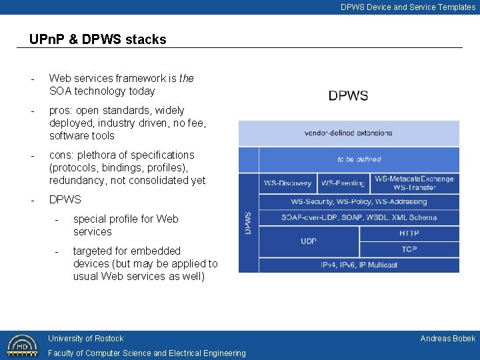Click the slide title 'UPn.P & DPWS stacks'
(x=97, y=39)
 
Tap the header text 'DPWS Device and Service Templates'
(x=408, y=7)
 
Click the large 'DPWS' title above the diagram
(x=348, y=95)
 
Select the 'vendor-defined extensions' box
(x=349, y=133)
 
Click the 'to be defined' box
(x=359, y=159)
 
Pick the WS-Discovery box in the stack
(x=287, y=183)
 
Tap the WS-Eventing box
(x=343, y=183)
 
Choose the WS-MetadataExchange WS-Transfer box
(x=414, y=183)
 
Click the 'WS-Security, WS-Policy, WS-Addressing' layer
(x=359, y=201)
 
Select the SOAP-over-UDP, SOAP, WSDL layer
(x=359, y=217)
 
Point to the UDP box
(x=309, y=241)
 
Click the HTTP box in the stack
(x=409, y=233)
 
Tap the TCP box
(x=409, y=249)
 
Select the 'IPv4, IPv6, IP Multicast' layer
(x=359, y=265)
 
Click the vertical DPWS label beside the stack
(x=249, y=223)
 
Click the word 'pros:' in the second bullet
(x=61, y=111)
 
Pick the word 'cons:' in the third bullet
(x=62, y=155)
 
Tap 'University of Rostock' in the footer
(x=85, y=339)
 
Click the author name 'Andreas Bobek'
(x=447, y=339)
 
